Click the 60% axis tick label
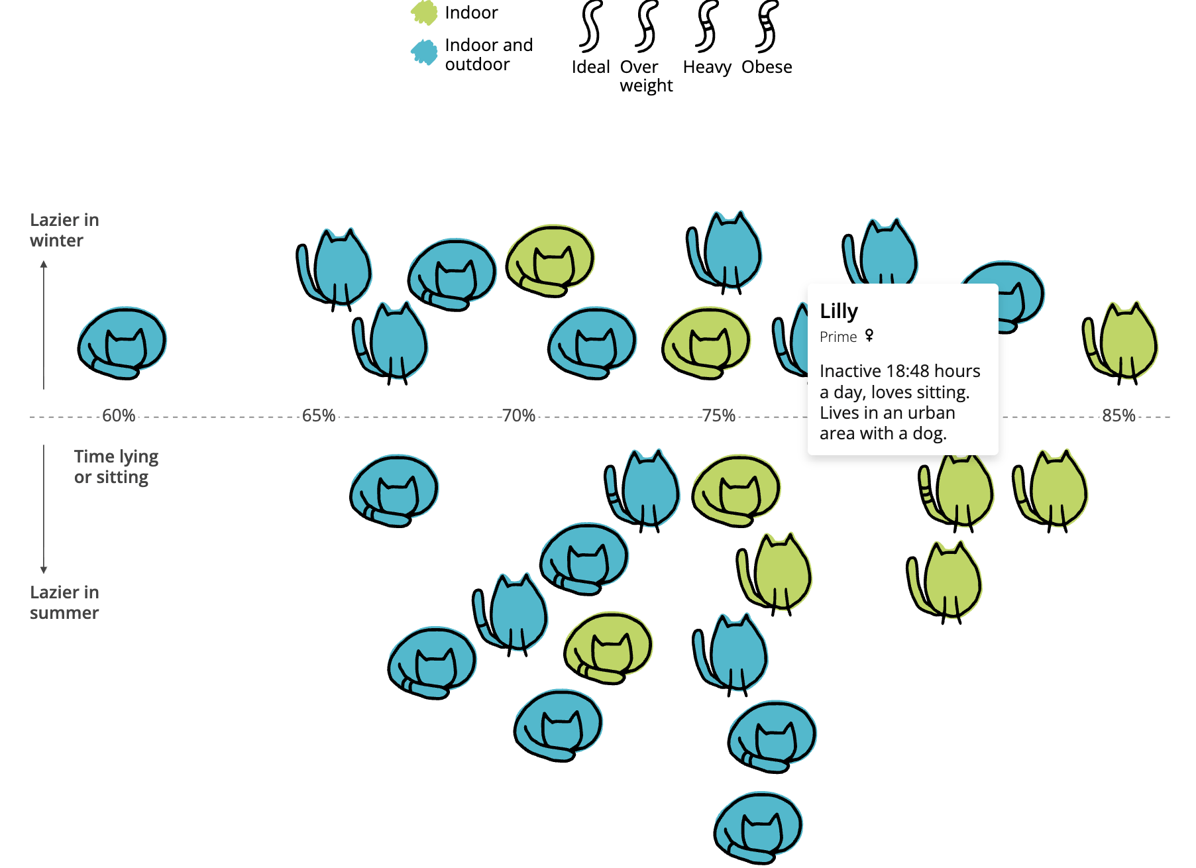(x=119, y=415)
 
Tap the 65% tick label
(x=319, y=415)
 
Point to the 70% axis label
(x=519, y=415)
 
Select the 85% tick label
(x=1118, y=415)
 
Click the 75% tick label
(x=719, y=415)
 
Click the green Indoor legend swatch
(x=424, y=13)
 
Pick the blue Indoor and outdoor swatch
(x=424, y=52)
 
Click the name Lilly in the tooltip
(x=839, y=311)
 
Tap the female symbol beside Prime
(x=869, y=335)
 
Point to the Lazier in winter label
(x=64, y=230)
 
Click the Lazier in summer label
(x=64, y=602)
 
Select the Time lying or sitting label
(x=116, y=466)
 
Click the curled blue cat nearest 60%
(x=122, y=343)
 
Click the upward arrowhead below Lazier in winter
(x=44, y=264)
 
